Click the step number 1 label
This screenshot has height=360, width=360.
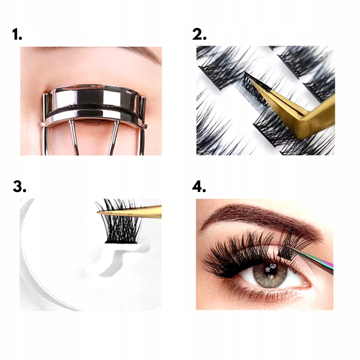(x=17, y=35)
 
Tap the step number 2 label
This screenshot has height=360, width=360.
(x=199, y=35)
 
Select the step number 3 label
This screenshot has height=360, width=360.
(x=20, y=186)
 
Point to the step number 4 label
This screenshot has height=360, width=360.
(x=199, y=186)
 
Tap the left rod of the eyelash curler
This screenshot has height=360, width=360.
(x=74, y=137)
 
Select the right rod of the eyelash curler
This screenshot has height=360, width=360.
(x=114, y=137)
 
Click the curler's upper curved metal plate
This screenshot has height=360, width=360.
(x=93, y=96)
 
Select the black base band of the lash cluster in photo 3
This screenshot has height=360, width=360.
(x=121, y=242)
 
